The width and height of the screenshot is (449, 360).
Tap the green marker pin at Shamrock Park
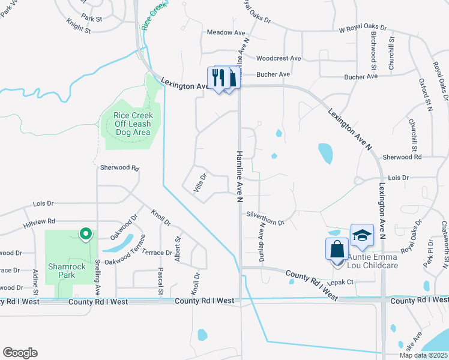[85, 233]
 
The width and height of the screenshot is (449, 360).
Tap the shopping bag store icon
[337, 249]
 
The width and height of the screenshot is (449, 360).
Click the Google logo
[20, 353]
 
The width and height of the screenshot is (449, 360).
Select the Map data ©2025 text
[423, 355]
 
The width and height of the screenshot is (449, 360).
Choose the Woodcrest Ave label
[278, 58]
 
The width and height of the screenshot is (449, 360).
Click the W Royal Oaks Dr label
[363, 28]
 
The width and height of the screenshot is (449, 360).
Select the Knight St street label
[79, 27]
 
